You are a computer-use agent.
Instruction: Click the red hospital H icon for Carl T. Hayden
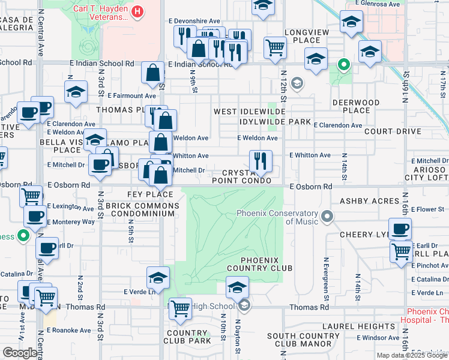coord(138,11)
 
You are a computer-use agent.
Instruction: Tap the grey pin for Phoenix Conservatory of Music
coord(327,215)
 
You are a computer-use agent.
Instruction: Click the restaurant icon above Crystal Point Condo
coord(261,161)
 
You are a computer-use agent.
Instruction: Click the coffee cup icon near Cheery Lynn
coord(400,229)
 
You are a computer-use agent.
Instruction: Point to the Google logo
coord(20,353)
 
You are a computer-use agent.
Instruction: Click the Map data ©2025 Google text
coord(412,355)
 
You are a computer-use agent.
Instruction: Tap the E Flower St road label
coord(426,209)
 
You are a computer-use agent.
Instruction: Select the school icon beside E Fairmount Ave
coord(76,92)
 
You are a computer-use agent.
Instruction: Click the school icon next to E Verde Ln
coord(158,277)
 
